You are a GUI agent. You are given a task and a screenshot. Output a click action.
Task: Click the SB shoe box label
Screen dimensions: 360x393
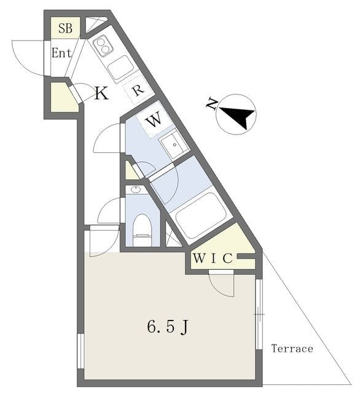point(66,28)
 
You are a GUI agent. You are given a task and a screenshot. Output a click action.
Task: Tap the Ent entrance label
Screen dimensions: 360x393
point(61,53)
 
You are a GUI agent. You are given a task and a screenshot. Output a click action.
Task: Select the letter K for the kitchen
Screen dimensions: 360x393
point(101,93)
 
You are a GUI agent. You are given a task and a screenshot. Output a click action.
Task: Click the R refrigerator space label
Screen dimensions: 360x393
point(138,90)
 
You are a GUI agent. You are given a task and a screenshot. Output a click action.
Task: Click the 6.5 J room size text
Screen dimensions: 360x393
point(168,327)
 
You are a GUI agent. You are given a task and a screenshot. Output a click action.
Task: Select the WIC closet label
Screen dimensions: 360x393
point(213,259)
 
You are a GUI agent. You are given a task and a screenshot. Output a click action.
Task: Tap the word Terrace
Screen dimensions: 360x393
point(292,349)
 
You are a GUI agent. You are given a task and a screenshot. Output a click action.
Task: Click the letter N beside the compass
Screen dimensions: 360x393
point(212,104)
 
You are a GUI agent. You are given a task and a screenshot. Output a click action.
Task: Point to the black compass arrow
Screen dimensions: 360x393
point(238,116)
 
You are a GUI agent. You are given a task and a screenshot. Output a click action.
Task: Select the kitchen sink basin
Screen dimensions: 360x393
point(120,68)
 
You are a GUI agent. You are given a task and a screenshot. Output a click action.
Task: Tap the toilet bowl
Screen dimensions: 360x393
point(143,229)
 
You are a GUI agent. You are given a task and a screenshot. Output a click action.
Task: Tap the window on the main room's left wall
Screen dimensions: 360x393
point(80,351)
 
